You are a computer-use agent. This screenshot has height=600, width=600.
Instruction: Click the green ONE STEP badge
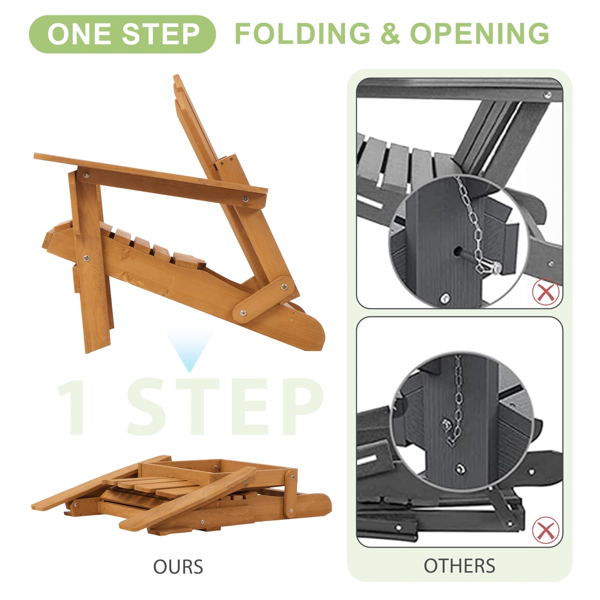pyautogui.click(x=122, y=34)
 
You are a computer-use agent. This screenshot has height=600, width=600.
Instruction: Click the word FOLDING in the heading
pyautogui.click(x=302, y=34)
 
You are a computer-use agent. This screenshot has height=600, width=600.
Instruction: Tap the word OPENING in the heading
pyautogui.click(x=480, y=34)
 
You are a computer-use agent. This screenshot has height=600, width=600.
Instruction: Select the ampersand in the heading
pyautogui.click(x=390, y=34)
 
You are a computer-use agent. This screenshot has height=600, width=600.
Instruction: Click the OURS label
pyautogui.click(x=178, y=567)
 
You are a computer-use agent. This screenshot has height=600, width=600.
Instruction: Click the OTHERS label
pyautogui.click(x=460, y=566)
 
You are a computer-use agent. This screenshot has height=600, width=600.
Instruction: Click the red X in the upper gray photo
pyautogui.click(x=546, y=292)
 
